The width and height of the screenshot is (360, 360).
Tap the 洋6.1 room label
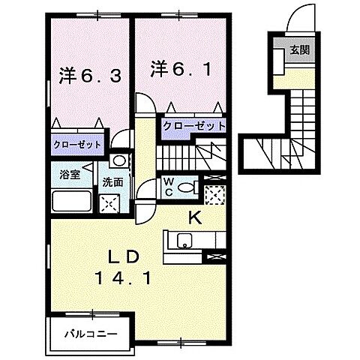pyautogui.click(x=178, y=69)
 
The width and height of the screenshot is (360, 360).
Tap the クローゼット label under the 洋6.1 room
pyautogui.click(x=194, y=126)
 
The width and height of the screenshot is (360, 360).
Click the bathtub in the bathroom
pyautogui.click(x=71, y=202)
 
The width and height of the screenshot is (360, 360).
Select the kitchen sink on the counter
pyautogui.click(x=184, y=241)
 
